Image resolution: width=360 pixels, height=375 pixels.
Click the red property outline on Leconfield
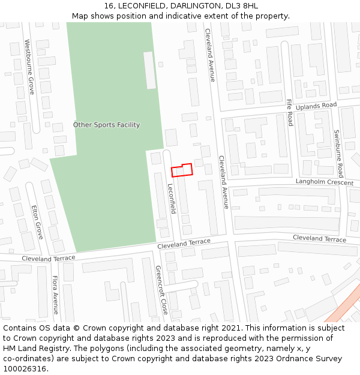pyautogui.click(x=182, y=170)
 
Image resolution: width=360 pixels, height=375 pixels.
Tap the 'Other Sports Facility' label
pyautogui.click(x=107, y=125)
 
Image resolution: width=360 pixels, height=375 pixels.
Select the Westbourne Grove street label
pyautogui.click(x=29, y=67)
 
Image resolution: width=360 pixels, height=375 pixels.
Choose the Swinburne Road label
pyautogui.click(x=337, y=151)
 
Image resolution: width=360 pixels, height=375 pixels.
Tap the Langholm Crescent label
pyautogui.click(x=325, y=182)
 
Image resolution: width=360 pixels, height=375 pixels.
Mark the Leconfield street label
pyautogui.click(x=172, y=199)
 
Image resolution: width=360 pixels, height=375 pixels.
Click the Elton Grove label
pyautogui.click(x=37, y=222)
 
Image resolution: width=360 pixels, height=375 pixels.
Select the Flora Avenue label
pyautogui.click(x=55, y=295)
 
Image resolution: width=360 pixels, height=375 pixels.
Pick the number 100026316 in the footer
pyautogui.click(x=25, y=369)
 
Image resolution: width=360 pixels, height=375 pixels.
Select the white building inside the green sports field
pyautogui.click(x=149, y=70)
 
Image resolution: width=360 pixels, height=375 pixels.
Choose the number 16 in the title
pyautogui.click(x=109, y=5)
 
